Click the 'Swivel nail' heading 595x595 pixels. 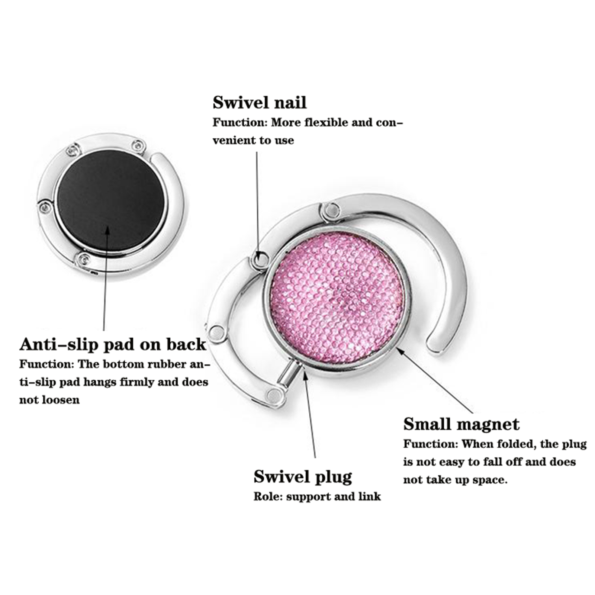point(260,103)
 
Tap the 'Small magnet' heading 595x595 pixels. point(461,424)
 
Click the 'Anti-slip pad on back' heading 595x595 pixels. point(113,344)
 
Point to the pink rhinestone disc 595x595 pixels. point(337,298)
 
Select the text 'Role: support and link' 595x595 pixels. point(317,496)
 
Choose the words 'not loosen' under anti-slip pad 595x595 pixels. point(49,400)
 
